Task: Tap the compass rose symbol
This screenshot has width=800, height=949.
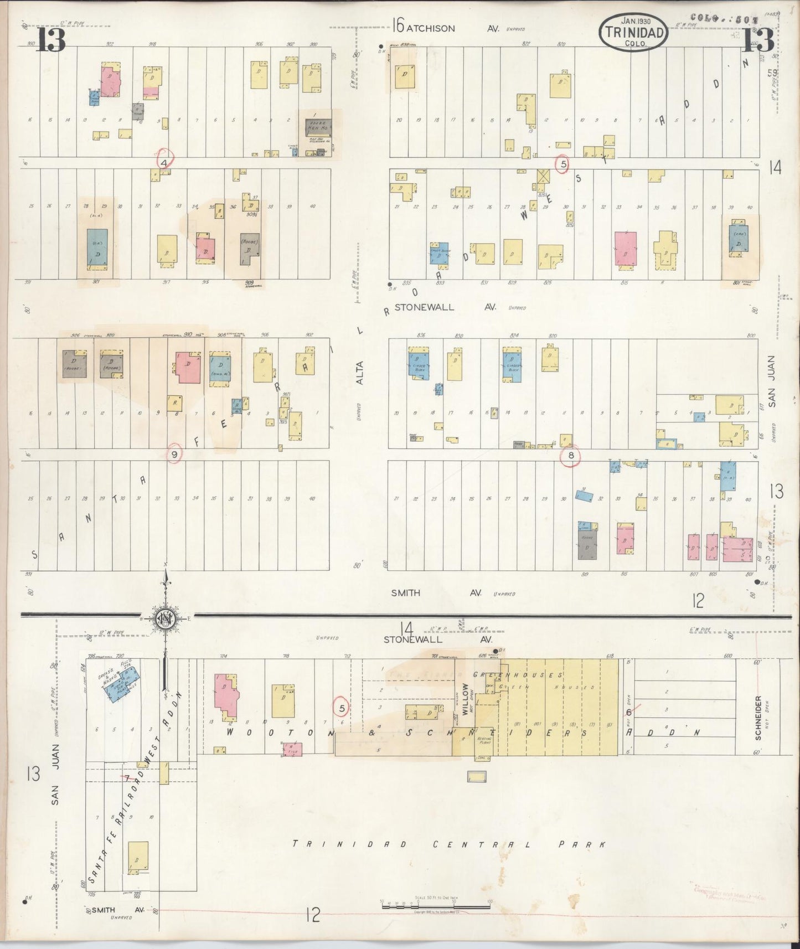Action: coord(166,618)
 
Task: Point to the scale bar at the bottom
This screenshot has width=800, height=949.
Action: coord(435,906)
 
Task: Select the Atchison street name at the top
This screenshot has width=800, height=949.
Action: coord(431,28)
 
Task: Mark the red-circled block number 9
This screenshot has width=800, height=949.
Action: coord(174,454)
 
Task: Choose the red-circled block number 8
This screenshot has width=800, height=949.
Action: coord(570,456)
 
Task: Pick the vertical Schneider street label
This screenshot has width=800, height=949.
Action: coord(758,718)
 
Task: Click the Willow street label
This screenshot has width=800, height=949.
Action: coord(465,699)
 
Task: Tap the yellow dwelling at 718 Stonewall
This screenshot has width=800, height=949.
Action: coord(283,700)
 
